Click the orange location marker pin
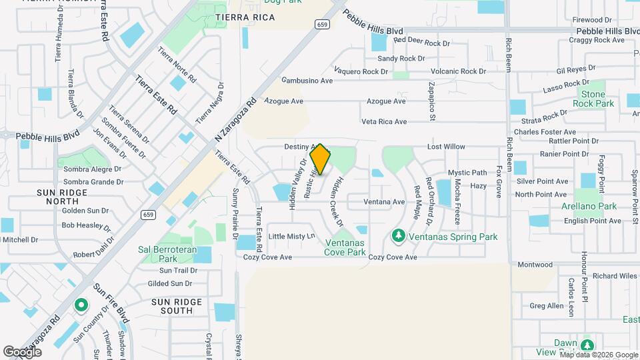(321, 159)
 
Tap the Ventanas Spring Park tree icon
(399, 236)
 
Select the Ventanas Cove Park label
(345, 247)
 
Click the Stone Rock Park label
(593, 99)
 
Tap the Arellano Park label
(589, 207)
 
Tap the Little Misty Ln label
(291, 237)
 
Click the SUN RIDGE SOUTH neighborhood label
(177, 306)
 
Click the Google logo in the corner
(23, 351)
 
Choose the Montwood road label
(535, 265)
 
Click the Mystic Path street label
(467, 173)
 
